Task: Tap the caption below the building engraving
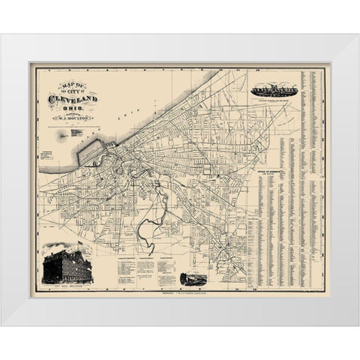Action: point(64,288)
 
